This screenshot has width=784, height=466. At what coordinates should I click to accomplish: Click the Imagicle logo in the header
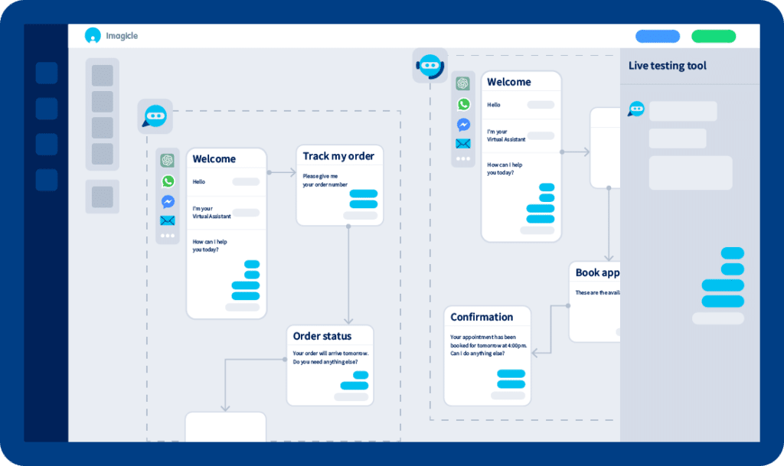(x=112, y=35)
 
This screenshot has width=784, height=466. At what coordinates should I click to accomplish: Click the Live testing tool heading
(x=667, y=66)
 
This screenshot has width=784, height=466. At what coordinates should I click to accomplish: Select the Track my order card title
(x=338, y=156)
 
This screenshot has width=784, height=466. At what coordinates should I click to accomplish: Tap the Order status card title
(x=322, y=336)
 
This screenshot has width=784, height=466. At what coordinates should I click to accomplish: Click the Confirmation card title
(x=482, y=317)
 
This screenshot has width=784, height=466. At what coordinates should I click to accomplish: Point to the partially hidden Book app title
(x=597, y=272)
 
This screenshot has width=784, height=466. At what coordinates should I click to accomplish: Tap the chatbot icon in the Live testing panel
(x=636, y=109)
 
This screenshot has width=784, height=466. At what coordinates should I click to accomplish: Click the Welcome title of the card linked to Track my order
(x=214, y=159)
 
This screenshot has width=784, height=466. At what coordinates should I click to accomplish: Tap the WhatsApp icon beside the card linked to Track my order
(x=168, y=181)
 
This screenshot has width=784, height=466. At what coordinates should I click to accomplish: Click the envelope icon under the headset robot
(x=463, y=143)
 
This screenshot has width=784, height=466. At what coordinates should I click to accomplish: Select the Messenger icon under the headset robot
(x=463, y=124)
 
